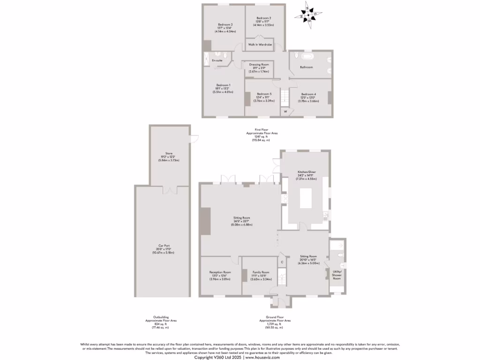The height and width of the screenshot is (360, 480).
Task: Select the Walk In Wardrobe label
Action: (260, 45)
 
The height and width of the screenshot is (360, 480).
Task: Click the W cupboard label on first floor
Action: (285, 112)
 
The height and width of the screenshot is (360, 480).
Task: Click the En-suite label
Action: (217, 60)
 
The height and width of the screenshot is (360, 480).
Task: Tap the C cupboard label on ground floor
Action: (282, 262)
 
